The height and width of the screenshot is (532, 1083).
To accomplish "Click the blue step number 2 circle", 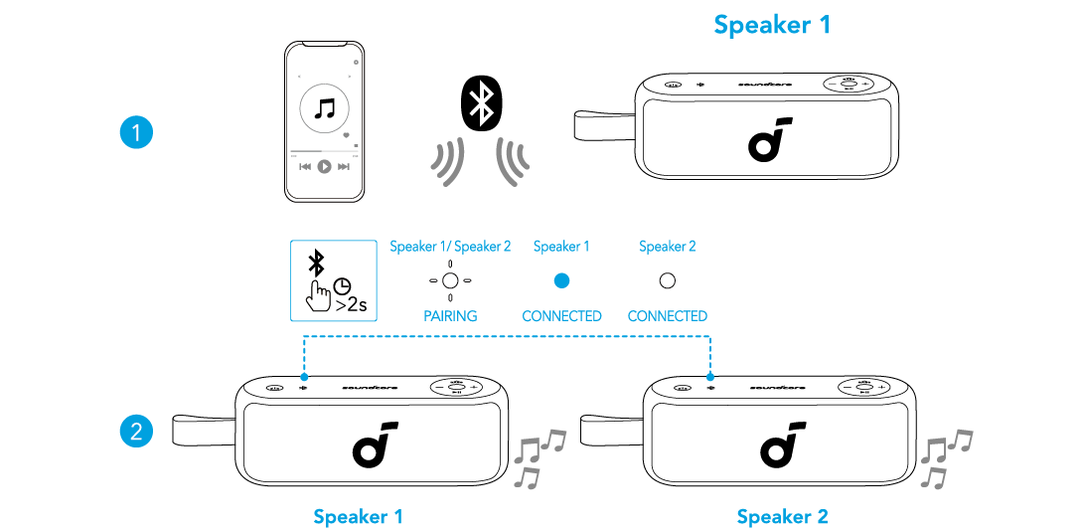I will coord(136,431).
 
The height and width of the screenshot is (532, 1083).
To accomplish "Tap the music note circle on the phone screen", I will coord(324,108).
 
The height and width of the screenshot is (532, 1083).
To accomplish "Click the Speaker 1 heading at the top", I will coord(771,25).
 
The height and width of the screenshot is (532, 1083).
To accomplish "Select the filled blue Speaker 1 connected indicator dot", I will coord(561,280).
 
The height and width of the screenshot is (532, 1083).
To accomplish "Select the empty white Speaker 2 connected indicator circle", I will coord(668,280).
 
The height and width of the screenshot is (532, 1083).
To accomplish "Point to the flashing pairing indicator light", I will coord(450,280).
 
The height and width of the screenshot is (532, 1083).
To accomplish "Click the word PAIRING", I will coord(450,316).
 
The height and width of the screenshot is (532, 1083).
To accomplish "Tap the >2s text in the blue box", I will coord(351,305).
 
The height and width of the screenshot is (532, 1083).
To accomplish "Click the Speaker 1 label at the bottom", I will coord(358,517).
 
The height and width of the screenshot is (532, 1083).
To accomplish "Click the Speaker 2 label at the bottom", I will coord(782,517).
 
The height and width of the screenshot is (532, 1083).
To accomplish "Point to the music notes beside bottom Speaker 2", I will coord(944,456).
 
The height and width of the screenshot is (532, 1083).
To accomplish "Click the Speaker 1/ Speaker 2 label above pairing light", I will coord(450,247).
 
